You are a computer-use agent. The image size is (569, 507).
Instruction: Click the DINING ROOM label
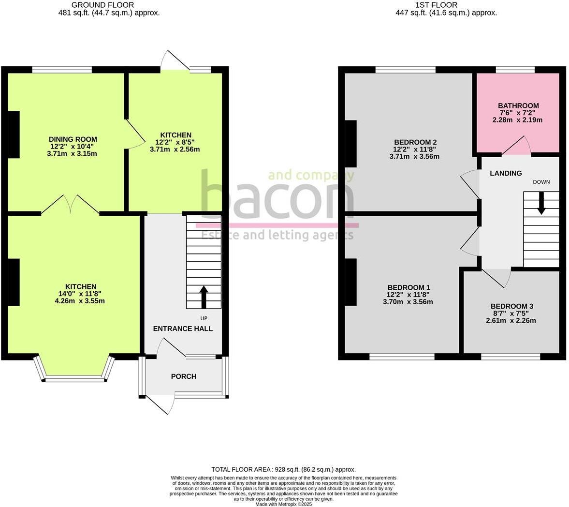(x=73, y=139)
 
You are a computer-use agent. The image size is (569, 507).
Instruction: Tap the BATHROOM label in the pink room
(x=518, y=105)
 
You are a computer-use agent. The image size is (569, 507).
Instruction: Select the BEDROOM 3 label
(x=511, y=306)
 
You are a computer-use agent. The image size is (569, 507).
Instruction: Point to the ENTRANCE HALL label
(x=183, y=328)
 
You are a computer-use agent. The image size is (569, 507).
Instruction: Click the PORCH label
(x=184, y=376)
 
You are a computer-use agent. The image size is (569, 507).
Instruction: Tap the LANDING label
(x=506, y=173)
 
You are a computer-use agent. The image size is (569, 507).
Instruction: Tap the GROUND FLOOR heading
(x=102, y=5)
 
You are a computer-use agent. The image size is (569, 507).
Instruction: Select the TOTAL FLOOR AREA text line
(x=283, y=469)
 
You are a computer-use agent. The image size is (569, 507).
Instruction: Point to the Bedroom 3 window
(x=510, y=357)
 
